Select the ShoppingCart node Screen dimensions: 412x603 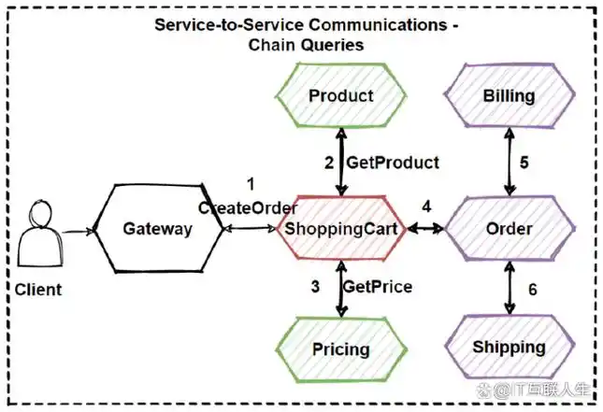(x=341, y=229)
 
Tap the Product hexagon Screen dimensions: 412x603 (x=341, y=95)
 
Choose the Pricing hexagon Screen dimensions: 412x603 (x=341, y=349)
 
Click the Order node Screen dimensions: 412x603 (x=510, y=229)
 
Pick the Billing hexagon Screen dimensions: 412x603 (x=510, y=95)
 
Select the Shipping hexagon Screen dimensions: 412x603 (x=510, y=348)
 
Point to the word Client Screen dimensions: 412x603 (x=38, y=290)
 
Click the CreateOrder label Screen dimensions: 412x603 (x=248, y=207)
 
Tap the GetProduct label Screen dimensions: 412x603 (x=393, y=163)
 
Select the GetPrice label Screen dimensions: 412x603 (x=378, y=286)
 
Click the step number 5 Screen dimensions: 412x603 (x=524, y=162)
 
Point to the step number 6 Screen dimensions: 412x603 (x=533, y=290)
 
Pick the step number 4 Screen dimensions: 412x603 (x=426, y=205)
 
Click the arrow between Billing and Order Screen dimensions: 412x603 (x=510, y=162)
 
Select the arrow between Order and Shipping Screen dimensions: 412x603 (x=510, y=288)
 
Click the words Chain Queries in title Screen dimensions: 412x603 (x=306, y=43)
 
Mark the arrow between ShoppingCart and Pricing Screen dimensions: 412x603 (x=342, y=288)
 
